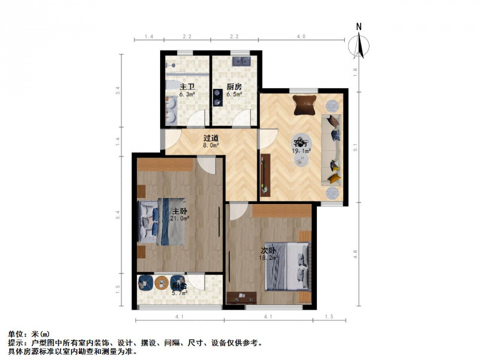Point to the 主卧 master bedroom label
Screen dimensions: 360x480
(x=180, y=211)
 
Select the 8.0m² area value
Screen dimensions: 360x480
(x=211, y=145)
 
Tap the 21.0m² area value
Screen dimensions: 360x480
(x=179, y=219)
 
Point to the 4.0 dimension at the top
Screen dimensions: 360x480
(x=301, y=37)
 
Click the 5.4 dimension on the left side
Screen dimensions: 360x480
(x=118, y=214)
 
